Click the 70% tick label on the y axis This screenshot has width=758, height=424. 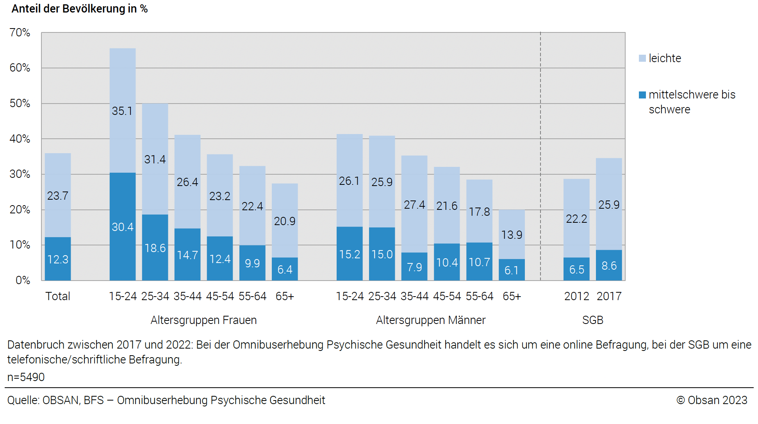[x=20, y=32]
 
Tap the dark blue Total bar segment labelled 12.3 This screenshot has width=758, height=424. [x=58, y=259]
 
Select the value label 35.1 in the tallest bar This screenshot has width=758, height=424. [x=122, y=111]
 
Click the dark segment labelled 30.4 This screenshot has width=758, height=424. [x=123, y=227]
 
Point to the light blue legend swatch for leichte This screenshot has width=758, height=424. [x=642, y=58]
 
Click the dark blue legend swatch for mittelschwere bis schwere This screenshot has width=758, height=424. [x=642, y=95]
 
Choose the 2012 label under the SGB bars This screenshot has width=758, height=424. [x=576, y=296]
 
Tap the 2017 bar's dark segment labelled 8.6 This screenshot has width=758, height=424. [x=609, y=265]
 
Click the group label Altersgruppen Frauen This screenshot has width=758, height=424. [x=203, y=320]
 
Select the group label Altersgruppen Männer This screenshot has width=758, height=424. [x=430, y=320]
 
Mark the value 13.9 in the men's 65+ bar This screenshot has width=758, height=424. [x=512, y=234]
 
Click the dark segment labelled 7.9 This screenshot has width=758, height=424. [x=414, y=267]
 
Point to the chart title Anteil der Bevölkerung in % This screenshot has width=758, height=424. [x=80, y=9]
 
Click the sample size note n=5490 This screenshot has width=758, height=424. [x=26, y=377]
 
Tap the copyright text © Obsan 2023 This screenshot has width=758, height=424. [x=712, y=400]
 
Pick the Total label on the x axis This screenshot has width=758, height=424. [x=58, y=296]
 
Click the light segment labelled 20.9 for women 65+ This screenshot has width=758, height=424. [x=285, y=221]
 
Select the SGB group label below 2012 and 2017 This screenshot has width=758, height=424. [x=592, y=320]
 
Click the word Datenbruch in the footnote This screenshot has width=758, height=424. [x=36, y=345]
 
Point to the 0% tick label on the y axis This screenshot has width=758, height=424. [x=23, y=280]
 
